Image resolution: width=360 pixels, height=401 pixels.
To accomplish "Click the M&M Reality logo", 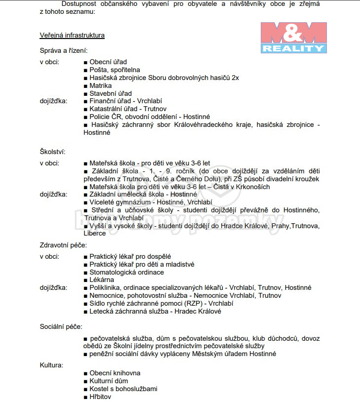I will pyautogui.click(x=293, y=38).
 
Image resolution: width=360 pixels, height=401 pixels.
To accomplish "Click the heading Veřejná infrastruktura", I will pyautogui.click(x=72, y=35).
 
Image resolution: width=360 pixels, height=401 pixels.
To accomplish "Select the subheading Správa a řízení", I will pyautogui.click(x=64, y=50).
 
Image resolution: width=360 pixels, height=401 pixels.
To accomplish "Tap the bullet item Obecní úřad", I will pyautogui.click(x=108, y=62).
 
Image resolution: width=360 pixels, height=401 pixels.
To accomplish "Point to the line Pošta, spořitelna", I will pyautogui.click(x=115, y=70).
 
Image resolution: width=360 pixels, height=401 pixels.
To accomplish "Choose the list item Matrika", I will pyautogui.click(x=100, y=85).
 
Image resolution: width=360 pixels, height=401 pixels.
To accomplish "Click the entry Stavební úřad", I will pyautogui.click(x=110, y=93).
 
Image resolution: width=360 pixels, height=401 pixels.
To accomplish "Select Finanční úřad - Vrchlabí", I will pyautogui.click(x=125, y=101).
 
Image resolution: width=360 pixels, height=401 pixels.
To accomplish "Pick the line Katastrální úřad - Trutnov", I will pyautogui.click(x=128, y=109).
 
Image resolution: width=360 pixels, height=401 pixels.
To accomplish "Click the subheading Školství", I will pyautogui.click(x=52, y=152).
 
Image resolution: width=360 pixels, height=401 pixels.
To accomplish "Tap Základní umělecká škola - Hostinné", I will pyautogui.click(x=143, y=195).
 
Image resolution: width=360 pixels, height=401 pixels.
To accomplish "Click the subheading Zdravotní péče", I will pyautogui.click(x=63, y=245).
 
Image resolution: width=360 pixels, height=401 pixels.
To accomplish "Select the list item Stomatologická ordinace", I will pyautogui.click(x=126, y=272).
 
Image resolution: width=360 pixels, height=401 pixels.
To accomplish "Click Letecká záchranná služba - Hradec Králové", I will pyautogui.click(x=155, y=311).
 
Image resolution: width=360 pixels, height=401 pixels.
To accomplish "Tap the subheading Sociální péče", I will pyautogui.click(x=61, y=326).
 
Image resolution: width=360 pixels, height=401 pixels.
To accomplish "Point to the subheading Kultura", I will pyautogui.click(x=51, y=365).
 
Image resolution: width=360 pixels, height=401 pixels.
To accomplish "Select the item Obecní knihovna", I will pyautogui.click(x=115, y=373).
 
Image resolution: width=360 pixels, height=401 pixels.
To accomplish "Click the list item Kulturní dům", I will pyautogui.click(x=108, y=381).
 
